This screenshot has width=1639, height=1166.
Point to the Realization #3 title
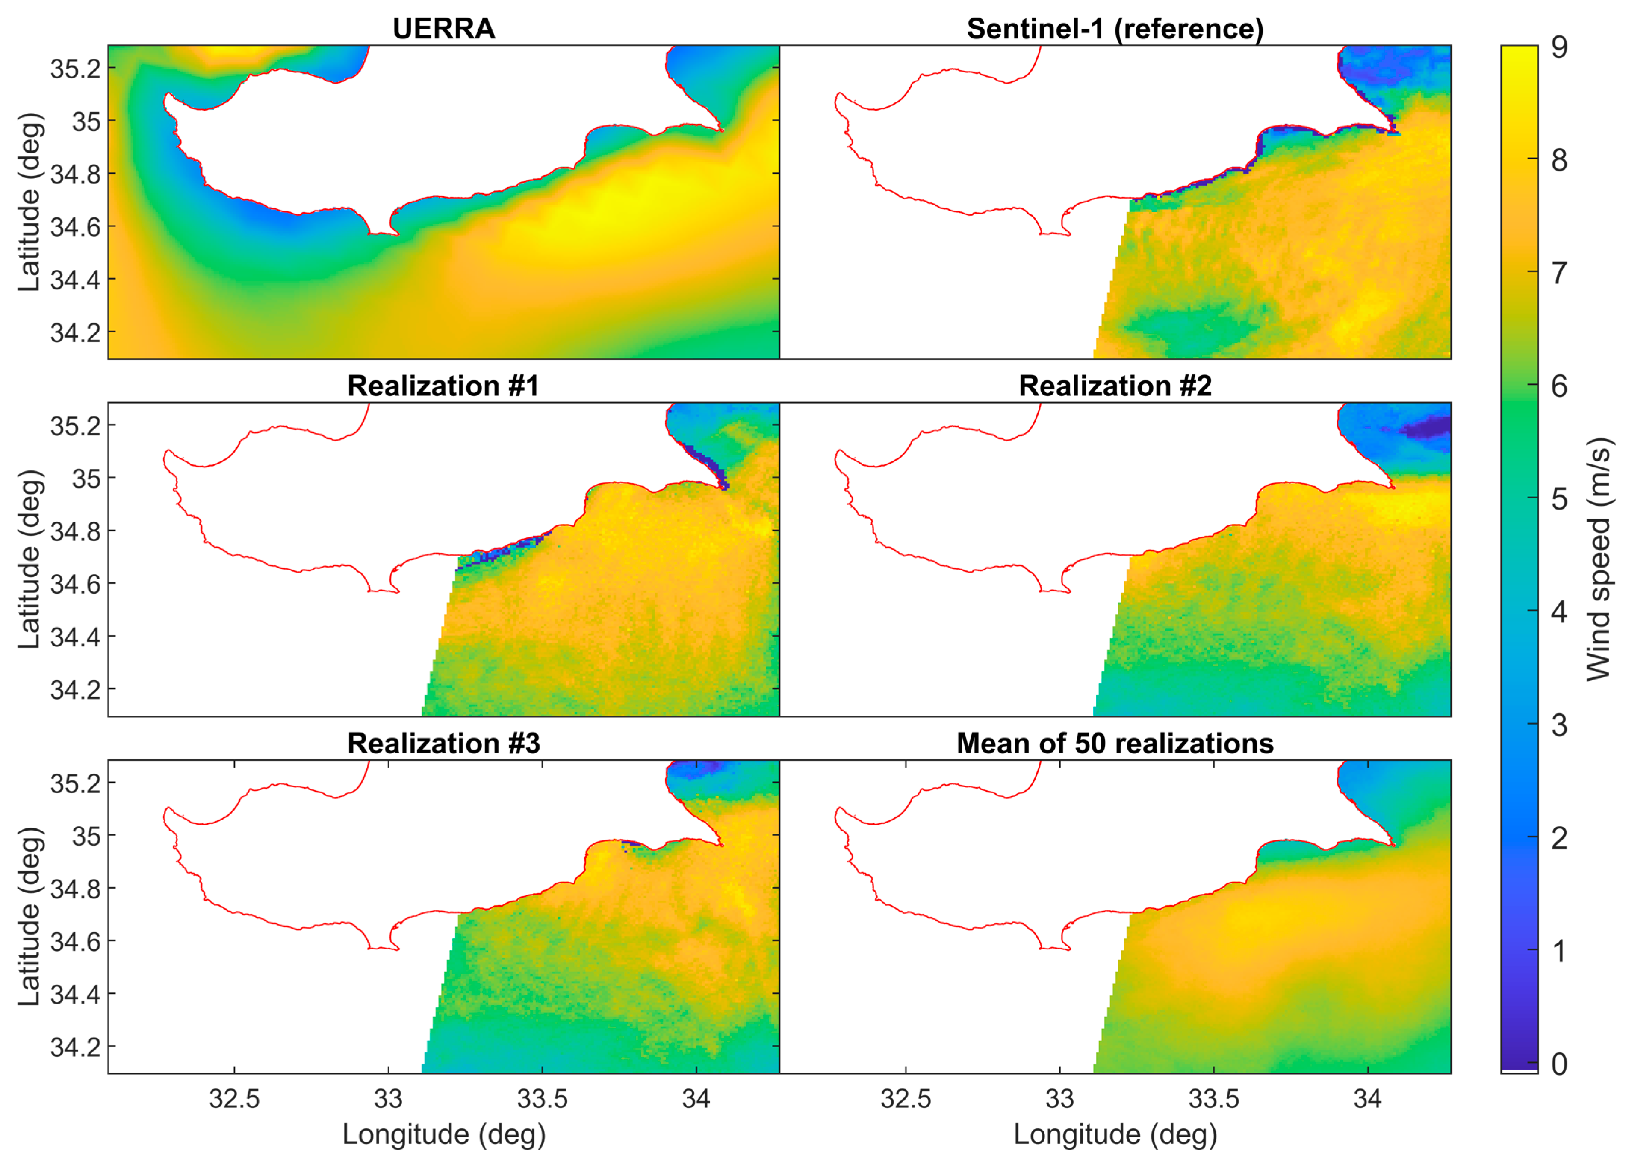443,743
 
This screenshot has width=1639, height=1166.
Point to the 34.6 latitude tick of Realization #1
75,584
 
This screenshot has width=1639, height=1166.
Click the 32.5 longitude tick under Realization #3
234,1098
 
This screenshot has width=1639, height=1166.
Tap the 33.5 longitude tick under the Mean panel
1213,1098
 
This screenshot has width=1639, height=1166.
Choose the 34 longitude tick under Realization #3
696,1098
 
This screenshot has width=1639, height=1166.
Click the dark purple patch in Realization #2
1425,429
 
